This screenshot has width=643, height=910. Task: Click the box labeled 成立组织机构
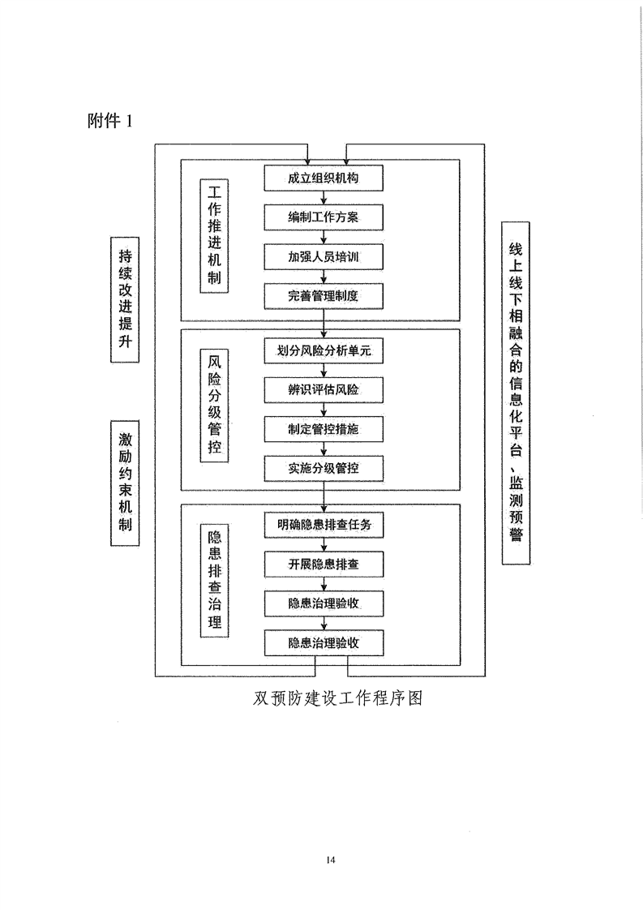click(x=324, y=178)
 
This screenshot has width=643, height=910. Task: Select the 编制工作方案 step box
click(x=324, y=217)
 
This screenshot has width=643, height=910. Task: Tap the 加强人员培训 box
click(x=324, y=257)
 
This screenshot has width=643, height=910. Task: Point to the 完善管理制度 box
click(x=324, y=296)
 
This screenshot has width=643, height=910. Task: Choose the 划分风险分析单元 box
click(x=324, y=351)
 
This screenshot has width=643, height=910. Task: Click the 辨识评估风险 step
click(x=324, y=390)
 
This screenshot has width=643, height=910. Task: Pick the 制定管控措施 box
click(x=324, y=430)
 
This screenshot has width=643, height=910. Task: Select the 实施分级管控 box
click(x=324, y=468)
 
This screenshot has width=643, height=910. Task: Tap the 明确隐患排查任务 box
click(x=324, y=526)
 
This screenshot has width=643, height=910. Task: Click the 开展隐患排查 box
click(x=324, y=564)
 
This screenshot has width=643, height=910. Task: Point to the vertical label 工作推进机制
click(x=214, y=235)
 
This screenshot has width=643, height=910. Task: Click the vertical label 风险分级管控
click(x=214, y=405)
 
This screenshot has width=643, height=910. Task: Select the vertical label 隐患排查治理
click(x=214, y=581)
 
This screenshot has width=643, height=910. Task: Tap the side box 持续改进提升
click(x=125, y=299)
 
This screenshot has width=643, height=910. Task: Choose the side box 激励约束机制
click(x=125, y=483)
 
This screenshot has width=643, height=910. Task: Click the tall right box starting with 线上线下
click(x=516, y=393)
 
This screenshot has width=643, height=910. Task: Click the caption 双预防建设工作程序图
click(x=338, y=698)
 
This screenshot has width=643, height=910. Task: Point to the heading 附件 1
click(x=110, y=121)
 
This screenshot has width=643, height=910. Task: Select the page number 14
click(x=331, y=860)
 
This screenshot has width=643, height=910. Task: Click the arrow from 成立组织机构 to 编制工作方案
click(x=324, y=198)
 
